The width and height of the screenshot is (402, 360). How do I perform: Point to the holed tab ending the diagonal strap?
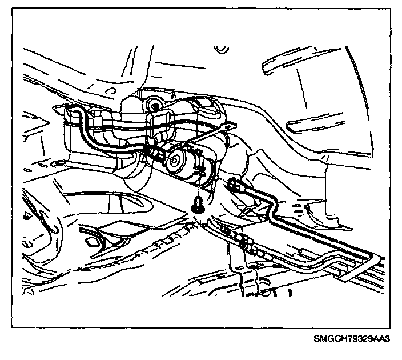pos(229,126)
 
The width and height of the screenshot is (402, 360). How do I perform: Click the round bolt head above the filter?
pos(153,104)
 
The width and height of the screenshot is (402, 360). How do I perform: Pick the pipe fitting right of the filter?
pos(234,185)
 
